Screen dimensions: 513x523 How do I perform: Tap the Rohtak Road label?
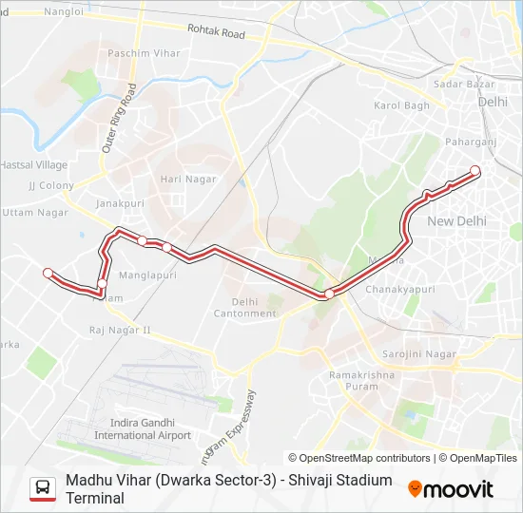pyautogui.click(x=216, y=33)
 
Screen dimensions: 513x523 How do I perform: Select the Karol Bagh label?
pyautogui.click(x=402, y=105)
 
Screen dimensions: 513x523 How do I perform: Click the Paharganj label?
pyautogui.click(x=470, y=142)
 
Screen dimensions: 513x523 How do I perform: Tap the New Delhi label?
pyautogui.click(x=456, y=220)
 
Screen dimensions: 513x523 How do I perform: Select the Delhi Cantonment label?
pyautogui.click(x=244, y=308)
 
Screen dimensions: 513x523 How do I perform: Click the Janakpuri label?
pyautogui.click(x=119, y=203)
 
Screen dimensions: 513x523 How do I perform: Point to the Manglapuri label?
pyautogui.click(x=148, y=275)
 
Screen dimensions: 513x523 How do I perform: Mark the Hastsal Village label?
pyautogui.click(x=33, y=165)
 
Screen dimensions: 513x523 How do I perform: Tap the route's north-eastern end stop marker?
pyautogui.click(x=475, y=171)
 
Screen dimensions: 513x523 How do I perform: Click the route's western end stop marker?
pyautogui.click(x=48, y=274)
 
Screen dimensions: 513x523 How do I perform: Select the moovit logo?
pyautogui.click(x=451, y=489)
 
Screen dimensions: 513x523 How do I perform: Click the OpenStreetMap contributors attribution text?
pyautogui.click(x=359, y=458)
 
